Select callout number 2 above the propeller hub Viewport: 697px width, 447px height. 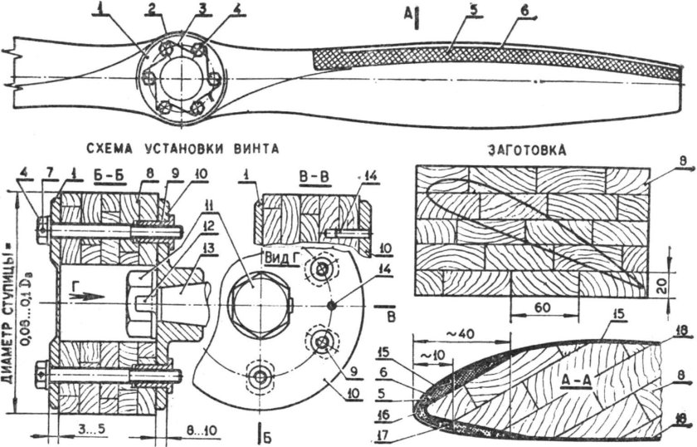151,9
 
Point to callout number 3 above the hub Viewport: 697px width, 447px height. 178,9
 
